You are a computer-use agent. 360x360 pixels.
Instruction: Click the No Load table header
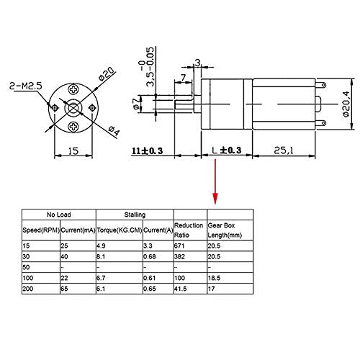(x=59, y=215)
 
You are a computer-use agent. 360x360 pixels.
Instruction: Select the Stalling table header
(x=135, y=215)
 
